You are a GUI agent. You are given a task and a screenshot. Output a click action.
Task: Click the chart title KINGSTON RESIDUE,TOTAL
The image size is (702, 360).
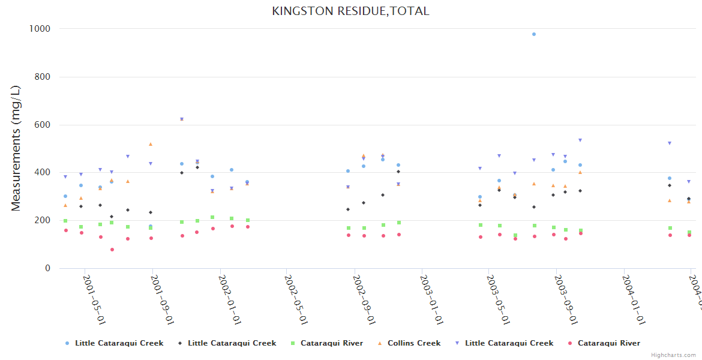click(x=350, y=11)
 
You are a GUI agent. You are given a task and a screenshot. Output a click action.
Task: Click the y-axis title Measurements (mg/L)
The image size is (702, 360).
click(x=16, y=148)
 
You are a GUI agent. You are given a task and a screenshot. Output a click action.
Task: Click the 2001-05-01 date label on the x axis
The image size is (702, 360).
click(x=94, y=299)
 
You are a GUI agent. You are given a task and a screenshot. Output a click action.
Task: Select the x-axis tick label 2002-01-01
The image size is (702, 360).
click(x=229, y=299)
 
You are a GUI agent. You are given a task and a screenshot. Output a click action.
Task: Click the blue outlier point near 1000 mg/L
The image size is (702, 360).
click(x=534, y=34)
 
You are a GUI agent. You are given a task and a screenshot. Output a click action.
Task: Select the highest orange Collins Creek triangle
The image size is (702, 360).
click(x=151, y=144)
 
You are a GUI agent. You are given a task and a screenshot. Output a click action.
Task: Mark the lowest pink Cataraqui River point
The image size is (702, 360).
click(x=112, y=250)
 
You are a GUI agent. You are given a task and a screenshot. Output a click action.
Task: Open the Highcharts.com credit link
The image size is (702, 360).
click(x=673, y=355)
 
